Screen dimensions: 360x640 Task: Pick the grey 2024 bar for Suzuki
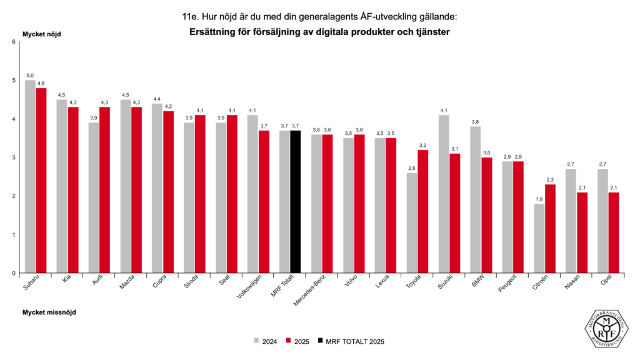pos(444,194)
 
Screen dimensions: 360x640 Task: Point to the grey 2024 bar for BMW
pos(476,200)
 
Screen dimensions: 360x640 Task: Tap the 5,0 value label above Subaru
pos(30,76)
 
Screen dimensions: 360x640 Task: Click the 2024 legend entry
pos(265,341)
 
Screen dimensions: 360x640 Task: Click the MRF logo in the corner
pos(607,329)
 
